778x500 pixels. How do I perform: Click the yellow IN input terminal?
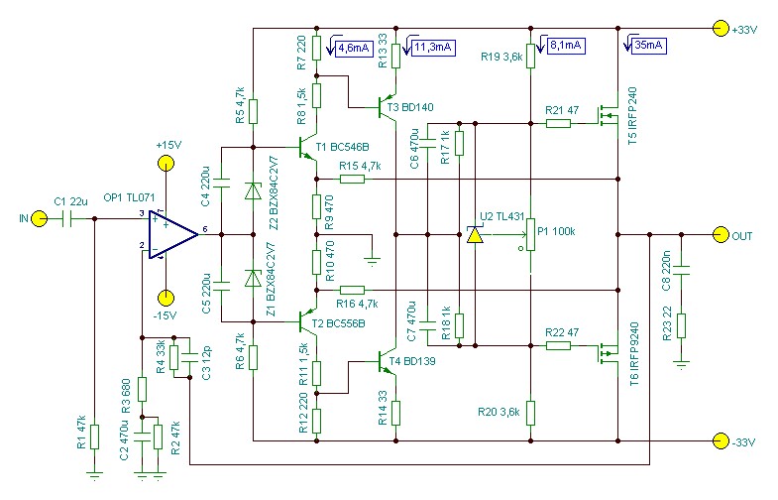pyautogui.click(x=40, y=218)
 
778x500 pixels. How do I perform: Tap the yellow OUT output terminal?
pyautogui.click(x=721, y=235)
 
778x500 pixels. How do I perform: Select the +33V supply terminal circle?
pyautogui.click(x=721, y=29)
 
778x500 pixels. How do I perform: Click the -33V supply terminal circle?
pyautogui.click(x=721, y=440)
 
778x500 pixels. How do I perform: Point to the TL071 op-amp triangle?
pyautogui.click(x=171, y=234)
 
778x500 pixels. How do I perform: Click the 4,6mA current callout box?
pyautogui.click(x=354, y=49)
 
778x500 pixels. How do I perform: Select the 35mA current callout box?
pyautogui.click(x=648, y=46)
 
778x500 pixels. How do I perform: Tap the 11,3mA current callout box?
pyautogui.click(x=433, y=48)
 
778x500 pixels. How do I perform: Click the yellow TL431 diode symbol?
pyautogui.click(x=475, y=234)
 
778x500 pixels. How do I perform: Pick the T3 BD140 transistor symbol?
pyautogui.click(x=385, y=106)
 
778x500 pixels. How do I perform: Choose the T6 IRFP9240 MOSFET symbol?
pyautogui.click(x=608, y=352)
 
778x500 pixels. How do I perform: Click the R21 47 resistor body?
pyautogui.click(x=558, y=123)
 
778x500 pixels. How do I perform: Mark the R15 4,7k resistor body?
pyautogui.click(x=352, y=179)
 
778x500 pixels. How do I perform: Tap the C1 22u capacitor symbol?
pyautogui.click(x=68, y=218)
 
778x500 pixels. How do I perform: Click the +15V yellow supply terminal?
pyautogui.click(x=166, y=164)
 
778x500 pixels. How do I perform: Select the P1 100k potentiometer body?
pyautogui.click(x=531, y=234)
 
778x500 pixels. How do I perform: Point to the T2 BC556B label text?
pyautogui.click(x=338, y=323)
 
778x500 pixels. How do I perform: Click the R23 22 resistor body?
pyautogui.click(x=681, y=325)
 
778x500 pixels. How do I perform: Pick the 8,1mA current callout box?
pyautogui.click(x=567, y=46)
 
